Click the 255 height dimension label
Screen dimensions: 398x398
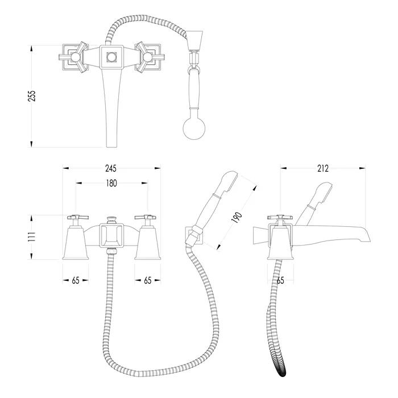coord(32,96)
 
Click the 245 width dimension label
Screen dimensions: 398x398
coord(111,168)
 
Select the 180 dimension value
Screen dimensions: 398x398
coord(111,183)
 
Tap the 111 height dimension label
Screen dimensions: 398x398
coord(32,237)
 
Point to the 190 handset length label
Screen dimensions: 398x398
coord(237,218)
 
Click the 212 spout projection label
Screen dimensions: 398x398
coord(322,168)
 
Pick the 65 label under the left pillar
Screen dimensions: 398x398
coord(76,280)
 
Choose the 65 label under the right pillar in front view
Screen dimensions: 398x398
coord(148,280)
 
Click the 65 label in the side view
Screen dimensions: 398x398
coord(280,280)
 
